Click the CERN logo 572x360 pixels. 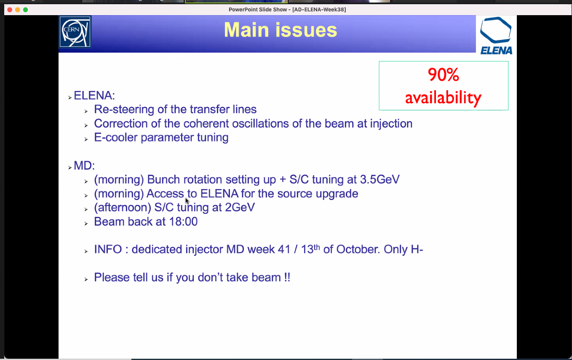(x=75, y=32)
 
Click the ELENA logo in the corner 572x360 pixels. (x=496, y=35)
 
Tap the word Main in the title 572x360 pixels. (x=246, y=30)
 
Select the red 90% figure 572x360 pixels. (x=444, y=75)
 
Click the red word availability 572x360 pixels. (x=443, y=98)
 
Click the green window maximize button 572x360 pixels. (x=26, y=10)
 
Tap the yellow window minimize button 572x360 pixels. (x=18, y=10)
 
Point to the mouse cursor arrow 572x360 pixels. (x=187, y=201)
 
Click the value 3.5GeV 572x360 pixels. (x=380, y=179)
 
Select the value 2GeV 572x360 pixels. (x=240, y=207)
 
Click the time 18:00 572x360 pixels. (x=183, y=221)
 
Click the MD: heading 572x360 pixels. (x=84, y=166)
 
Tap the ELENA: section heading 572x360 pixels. (x=94, y=96)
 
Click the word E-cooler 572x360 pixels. (x=116, y=137)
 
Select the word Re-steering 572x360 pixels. (x=124, y=109)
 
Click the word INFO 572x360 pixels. (x=108, y=249)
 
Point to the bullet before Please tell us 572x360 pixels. (x=86, y=279)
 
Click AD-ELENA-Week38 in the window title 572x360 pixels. (x=319, y=9)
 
